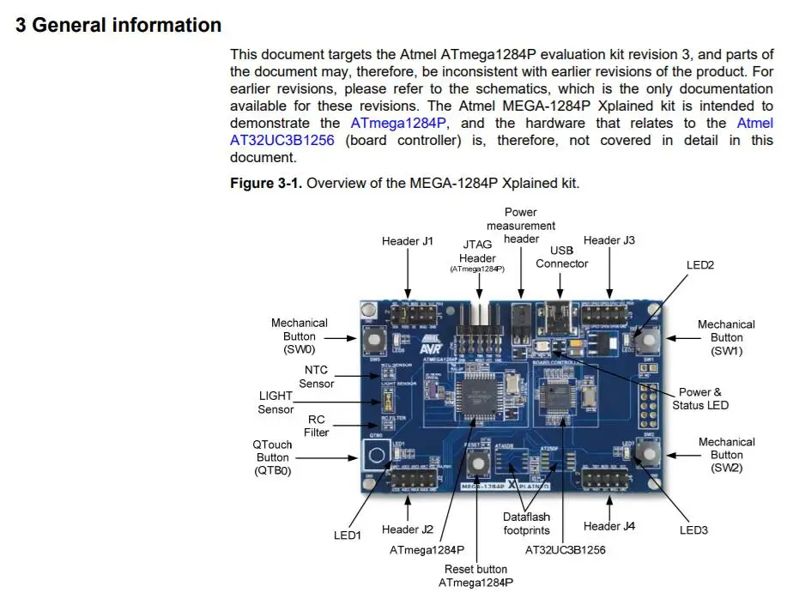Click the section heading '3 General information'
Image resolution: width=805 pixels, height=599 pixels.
coord(118,26)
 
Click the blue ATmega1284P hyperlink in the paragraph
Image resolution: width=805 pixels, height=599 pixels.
coord(398,124)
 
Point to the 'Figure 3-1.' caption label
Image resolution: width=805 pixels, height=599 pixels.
coord(265,183)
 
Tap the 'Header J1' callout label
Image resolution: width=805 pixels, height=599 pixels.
coord(407,241)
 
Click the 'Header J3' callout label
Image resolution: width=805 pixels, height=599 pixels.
coord(608,240)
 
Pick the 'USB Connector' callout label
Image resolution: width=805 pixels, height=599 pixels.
coord(561,257)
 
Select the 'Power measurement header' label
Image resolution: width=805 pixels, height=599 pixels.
coord(520,225)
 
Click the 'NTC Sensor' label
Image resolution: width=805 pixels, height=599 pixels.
coord(316,377)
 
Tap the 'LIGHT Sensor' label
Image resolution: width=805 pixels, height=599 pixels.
coord(275,402)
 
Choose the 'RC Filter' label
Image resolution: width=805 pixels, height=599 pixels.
coord(316,426)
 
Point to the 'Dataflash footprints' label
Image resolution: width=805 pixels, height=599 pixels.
coord(526,523)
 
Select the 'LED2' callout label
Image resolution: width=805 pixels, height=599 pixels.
coord(699,265)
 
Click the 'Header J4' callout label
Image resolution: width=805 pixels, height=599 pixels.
coord(608,526)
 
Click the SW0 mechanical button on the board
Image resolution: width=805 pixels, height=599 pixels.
coord(374,339)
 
